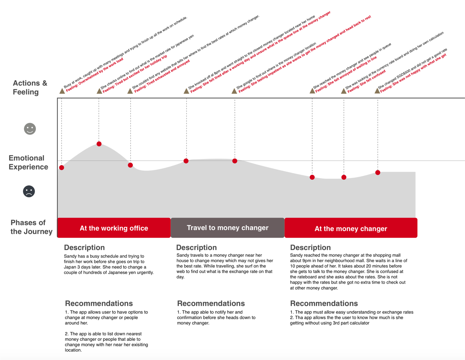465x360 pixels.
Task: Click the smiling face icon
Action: (30, 129)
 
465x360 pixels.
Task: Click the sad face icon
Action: (29, 191)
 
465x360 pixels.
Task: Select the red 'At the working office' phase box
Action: (114, 228)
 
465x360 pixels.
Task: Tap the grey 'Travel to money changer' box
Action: (227, 228)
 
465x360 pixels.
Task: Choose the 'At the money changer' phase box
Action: (351, 228)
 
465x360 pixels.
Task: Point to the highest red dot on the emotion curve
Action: (99, 144)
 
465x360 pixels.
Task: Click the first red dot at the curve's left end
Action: (61, 168)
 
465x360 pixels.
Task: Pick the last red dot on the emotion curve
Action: (378, 172)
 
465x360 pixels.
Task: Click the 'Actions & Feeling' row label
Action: (30, 88)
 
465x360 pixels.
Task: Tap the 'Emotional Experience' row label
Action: (28, 162)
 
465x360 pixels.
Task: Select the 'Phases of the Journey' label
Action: (31, 227)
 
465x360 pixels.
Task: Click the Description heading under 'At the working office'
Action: (84, 248)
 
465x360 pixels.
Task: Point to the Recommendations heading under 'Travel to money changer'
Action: (211, 303)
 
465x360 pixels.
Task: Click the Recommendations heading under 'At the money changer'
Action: (324, 303)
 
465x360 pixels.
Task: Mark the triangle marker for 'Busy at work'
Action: (62, 91)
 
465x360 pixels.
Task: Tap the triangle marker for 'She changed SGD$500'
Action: (377, 91)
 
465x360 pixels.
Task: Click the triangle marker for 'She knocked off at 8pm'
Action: (186, 91)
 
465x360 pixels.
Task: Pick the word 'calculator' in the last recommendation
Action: (359, 323)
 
